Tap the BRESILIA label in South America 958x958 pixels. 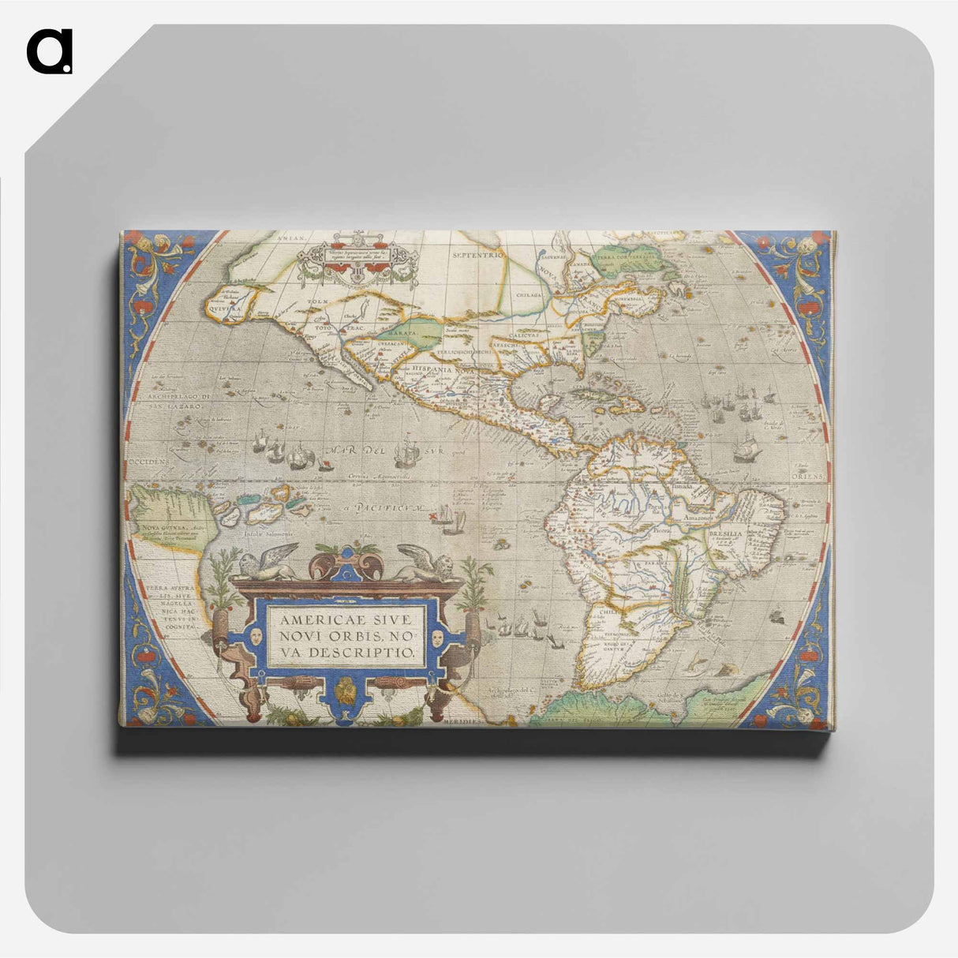pyautogui.click(x=727, y=534)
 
